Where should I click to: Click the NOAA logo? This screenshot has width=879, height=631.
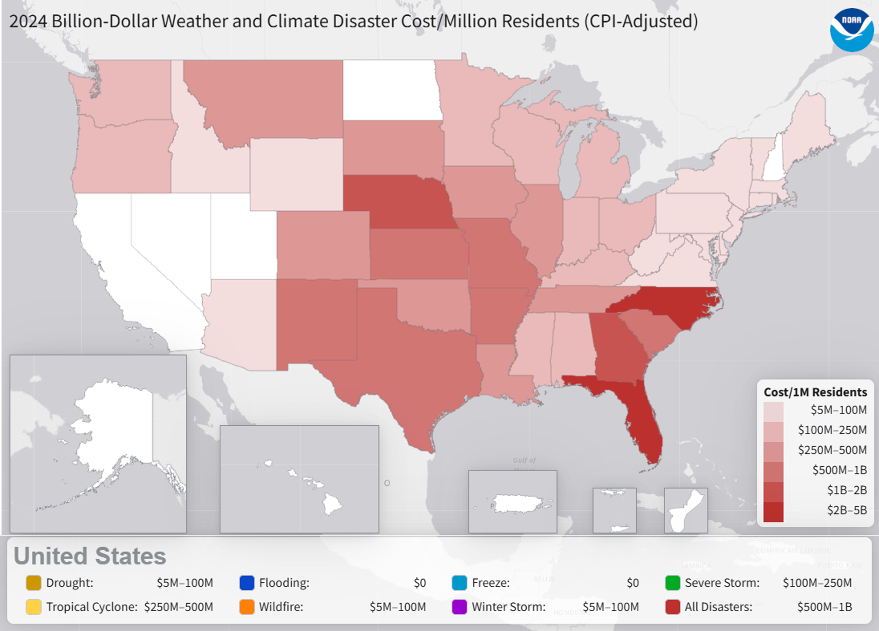point(851,29)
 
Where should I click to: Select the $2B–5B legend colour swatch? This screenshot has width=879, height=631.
point(773,511)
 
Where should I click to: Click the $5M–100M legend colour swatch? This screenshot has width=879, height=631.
point(773,411)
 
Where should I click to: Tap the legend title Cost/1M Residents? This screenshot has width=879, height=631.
point(815,392)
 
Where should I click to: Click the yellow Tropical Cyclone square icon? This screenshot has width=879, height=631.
point(33,607)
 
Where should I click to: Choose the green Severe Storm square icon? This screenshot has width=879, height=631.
point(672,583)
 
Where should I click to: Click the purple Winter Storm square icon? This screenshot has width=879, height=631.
point(459,607)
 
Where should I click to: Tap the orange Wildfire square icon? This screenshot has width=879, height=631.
point(246,607)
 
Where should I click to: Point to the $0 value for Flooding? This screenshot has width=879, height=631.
point(419,583)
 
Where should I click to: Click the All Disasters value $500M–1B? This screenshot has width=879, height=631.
point(824,607)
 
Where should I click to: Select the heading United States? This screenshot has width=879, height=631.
point(90,556)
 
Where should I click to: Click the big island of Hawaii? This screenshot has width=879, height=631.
point(332,504)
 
